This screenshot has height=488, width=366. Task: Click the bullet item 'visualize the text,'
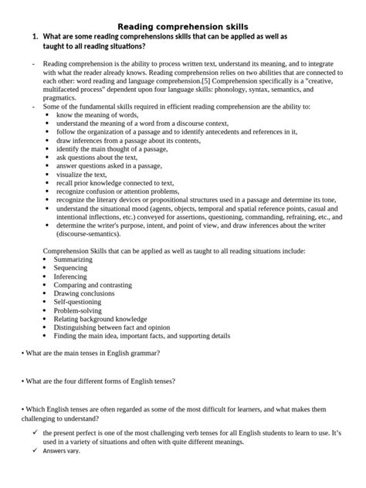click(80, 175)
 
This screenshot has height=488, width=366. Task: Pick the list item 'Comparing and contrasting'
click(93, 285)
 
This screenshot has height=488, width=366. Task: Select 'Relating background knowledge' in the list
click(100, 319)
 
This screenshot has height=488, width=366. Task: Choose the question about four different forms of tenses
click(99, 381)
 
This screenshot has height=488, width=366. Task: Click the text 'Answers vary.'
click(66, 450)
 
